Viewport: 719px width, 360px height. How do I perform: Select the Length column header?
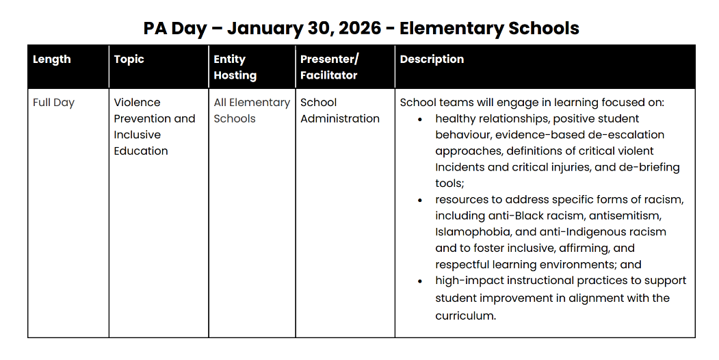tap(52, 60)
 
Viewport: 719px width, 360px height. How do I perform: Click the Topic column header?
tap(129, 60)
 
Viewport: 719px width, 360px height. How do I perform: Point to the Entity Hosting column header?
tap(235, 67)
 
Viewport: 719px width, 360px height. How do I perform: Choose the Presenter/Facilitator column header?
tap(329, 67)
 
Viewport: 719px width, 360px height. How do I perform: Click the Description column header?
tap(432, 60)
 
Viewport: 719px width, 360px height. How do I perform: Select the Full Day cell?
tap(53, 103)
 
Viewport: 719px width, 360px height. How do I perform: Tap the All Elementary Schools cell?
tap(251, 110)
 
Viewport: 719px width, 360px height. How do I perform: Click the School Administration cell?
tap(339, 110)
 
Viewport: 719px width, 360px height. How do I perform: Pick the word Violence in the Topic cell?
tap(137, 103)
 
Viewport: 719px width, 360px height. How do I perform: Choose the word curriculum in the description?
tap(464, 316)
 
